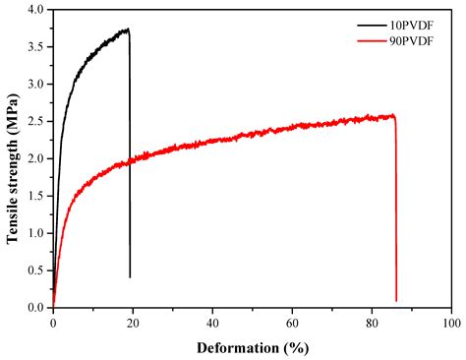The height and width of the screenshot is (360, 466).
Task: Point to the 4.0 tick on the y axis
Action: [36, 10]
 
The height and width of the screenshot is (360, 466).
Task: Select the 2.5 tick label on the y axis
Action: [36, 122]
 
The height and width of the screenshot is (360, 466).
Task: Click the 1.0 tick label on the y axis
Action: [36, 233]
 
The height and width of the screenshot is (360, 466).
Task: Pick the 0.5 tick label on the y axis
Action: [36, 270]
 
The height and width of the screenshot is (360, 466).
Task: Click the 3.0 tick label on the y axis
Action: [36, 85]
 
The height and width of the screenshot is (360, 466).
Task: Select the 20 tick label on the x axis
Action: [133, 322]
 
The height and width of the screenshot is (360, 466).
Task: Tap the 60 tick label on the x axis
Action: [292, 322]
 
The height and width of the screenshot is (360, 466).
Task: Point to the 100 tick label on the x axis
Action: [451, 322]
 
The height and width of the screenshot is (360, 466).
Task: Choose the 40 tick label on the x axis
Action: [212, 322]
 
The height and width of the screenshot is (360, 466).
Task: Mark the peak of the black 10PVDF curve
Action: [127, 30]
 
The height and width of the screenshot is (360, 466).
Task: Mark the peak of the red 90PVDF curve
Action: [392, 115]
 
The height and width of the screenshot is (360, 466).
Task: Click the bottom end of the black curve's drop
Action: [130, 277]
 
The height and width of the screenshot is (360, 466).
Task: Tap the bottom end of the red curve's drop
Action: [396, 301]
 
